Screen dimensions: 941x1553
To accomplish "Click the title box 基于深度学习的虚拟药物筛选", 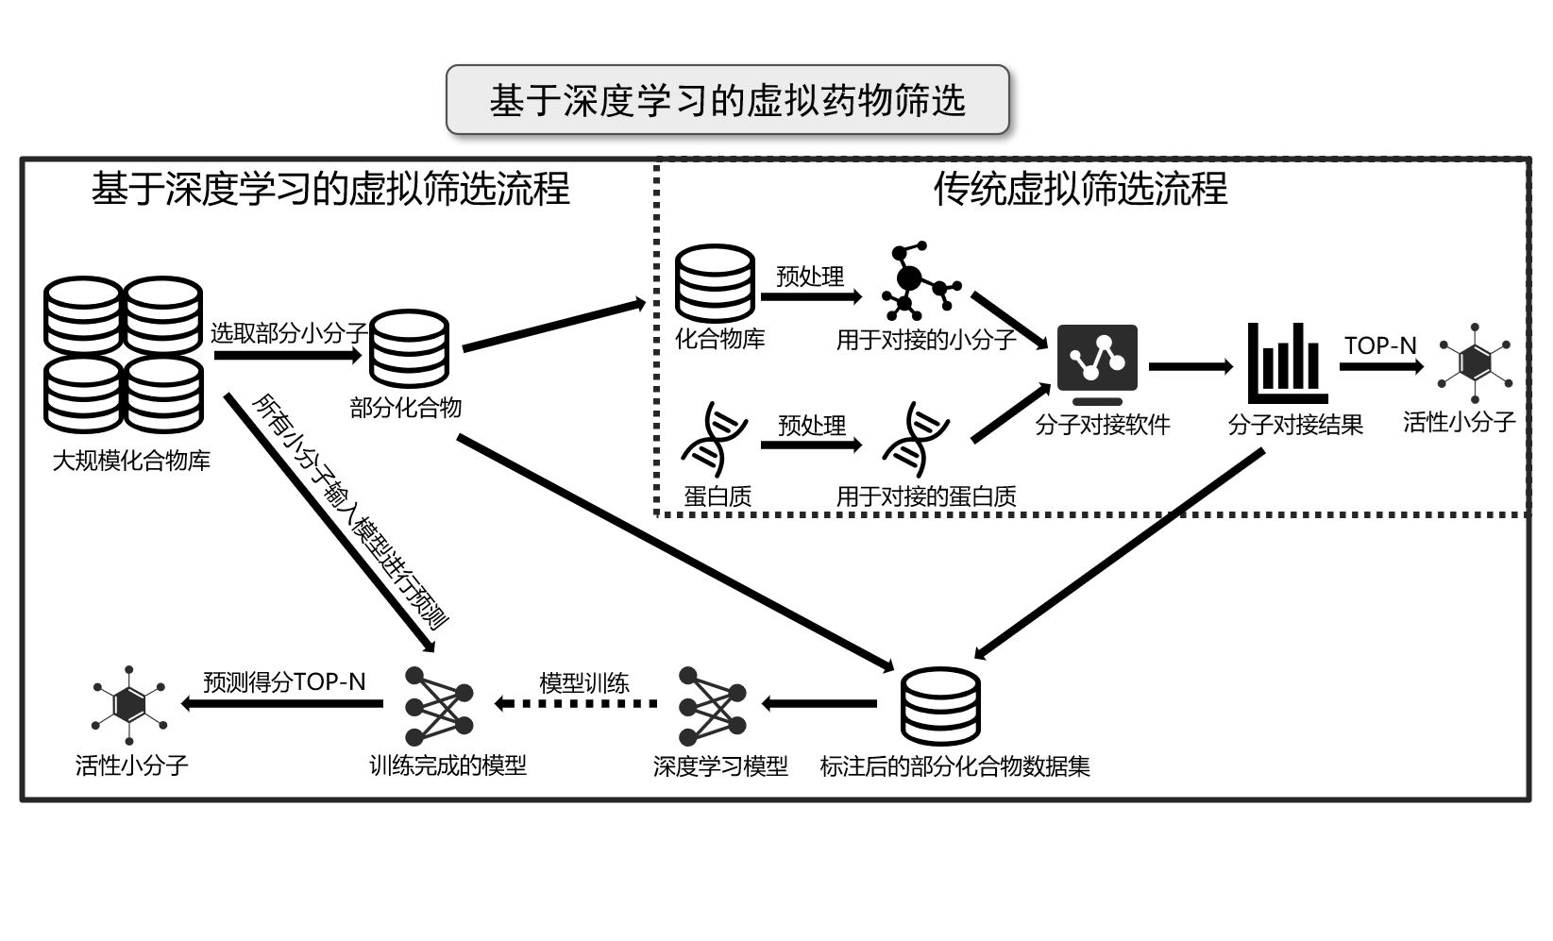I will (x=727, y=99).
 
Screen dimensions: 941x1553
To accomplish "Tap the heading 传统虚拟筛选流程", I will (x=1080, y=189).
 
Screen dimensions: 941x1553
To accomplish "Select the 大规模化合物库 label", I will (x=131, y=462).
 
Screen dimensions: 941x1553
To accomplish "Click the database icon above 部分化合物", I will (x=409, y=348).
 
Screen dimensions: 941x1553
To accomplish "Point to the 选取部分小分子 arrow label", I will (x=289, y=333).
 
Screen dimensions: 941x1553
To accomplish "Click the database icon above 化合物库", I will (x=715, y=282).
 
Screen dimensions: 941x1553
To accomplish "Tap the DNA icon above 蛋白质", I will (x=714, y=438).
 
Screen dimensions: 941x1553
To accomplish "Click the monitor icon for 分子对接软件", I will (x=1097, y=364).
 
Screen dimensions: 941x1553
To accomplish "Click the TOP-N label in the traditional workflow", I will (x=1380, y=345).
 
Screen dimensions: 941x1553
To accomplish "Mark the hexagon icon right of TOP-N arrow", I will (x=1475, y=361).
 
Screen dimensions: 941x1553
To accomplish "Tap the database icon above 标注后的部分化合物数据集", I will (x=940, y=706).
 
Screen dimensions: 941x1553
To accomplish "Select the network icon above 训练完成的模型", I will (x=438, y=706).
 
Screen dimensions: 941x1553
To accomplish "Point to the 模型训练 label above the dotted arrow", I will (x=584, y=682).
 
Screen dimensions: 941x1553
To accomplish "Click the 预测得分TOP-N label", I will (x=284, y=681).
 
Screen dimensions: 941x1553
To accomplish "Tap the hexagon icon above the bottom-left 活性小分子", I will (x=130, y=703).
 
